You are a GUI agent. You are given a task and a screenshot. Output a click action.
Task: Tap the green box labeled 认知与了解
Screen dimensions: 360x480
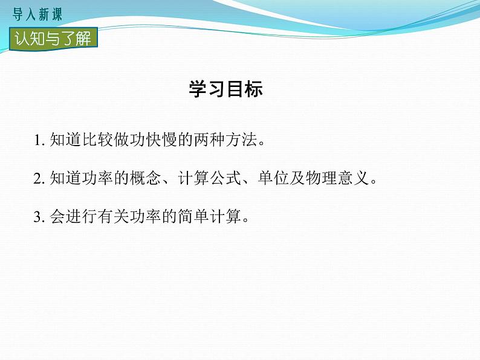[x=53, y=39]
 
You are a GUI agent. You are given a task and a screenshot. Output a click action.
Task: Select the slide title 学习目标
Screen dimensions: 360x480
[x=225, y=89]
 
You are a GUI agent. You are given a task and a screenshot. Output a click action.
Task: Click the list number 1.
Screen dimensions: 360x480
[x=38, y=141]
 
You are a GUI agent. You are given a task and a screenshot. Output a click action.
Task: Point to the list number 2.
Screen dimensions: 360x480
[x=38, y=179]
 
